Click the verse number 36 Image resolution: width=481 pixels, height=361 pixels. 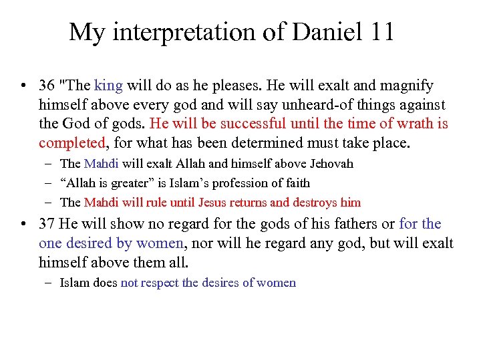pos(47,86)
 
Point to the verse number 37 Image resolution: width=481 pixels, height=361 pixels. pos(47,224)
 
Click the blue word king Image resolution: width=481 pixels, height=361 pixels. pos(108,86)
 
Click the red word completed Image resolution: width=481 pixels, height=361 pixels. pos(72,143)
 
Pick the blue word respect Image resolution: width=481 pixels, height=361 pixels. pos(159,283)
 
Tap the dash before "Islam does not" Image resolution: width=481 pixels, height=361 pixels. pos(49,283)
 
